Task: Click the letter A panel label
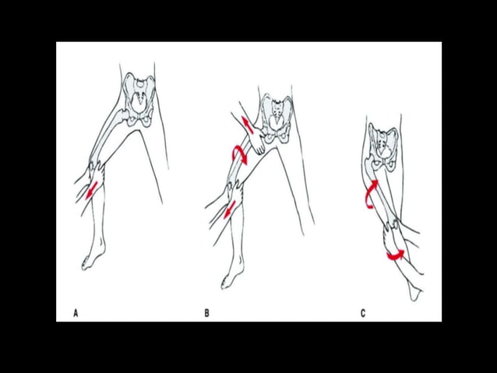pos(76,313)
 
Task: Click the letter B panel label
pos(206,313)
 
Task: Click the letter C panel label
pos(363,313)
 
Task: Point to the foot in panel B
pos(231,276)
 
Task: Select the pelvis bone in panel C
pos(383,148)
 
